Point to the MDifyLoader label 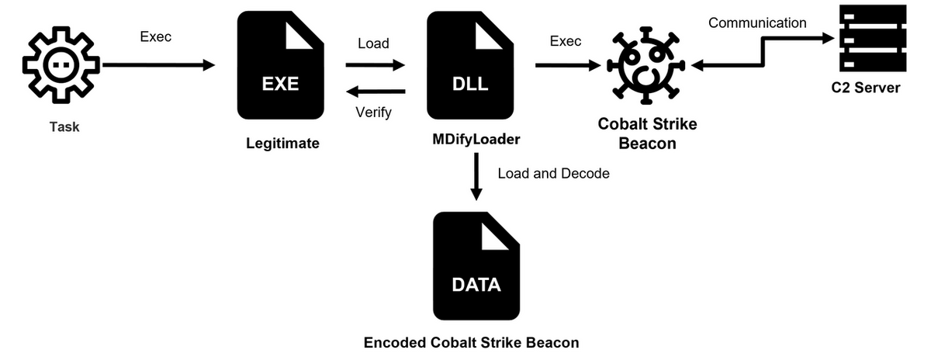pos(476,140)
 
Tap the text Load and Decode pos(553,173)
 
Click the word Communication pos(757,23)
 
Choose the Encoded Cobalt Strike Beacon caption pos(472,341)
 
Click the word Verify pos(373,112)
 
